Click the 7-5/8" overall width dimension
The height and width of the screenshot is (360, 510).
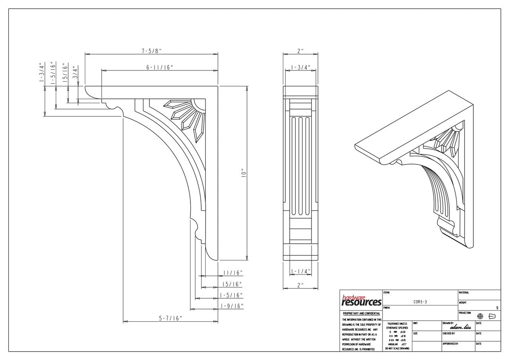click(151, 51)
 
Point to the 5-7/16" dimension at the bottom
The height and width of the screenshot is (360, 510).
click(171, 318)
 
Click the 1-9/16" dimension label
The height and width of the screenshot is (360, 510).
click(231, 306)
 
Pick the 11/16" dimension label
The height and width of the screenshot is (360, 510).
click(233, 273)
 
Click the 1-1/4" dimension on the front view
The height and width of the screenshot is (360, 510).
click(300, 272)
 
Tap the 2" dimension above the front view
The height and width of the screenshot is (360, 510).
click(300, 51)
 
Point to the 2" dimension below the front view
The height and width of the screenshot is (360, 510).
click(300, 285)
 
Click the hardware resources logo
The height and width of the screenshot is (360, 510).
click(361, 301)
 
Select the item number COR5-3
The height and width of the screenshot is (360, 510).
click(420, 302)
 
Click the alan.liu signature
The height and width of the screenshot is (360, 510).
click(460, 327)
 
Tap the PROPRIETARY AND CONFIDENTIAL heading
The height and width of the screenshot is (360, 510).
click(361, 313)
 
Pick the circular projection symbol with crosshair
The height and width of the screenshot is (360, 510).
click(480, 316)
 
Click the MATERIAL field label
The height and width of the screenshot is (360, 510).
click(464, 293)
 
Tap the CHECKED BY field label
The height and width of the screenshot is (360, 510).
click(449, 333)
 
